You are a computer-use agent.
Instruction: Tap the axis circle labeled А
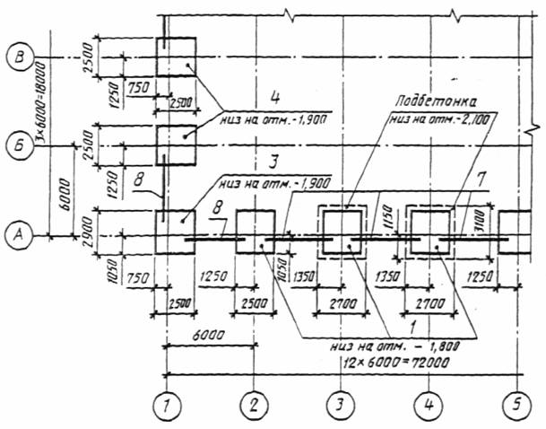(x=19, y=234)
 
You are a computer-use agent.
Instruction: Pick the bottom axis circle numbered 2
(x=255, y=406)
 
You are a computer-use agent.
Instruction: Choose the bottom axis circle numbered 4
(x=429, y=406)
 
